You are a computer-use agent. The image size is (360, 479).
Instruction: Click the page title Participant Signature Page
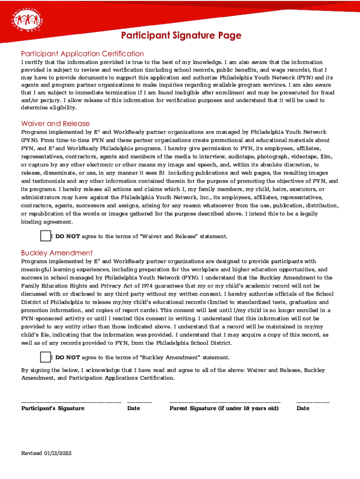pyautogui.click(x=181, y=36)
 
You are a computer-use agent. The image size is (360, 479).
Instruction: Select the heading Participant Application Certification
pyautogui.click(x=82, y=53)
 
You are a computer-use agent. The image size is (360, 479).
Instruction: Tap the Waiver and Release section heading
pyautogui.click(x=55, y=123)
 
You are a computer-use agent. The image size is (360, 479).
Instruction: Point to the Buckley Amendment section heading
pyautogui.click(x=57, y=253)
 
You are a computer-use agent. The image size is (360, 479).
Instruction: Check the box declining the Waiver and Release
pyautogui.click(x=45, y=236)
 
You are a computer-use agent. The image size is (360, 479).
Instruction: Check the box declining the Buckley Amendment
pyautogui.click(x=45, y=357)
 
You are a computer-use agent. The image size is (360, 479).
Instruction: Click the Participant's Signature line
pyautogui.click(x=71, y=401)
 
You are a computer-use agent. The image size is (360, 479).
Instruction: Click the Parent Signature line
pyautogui.click(x=224, y=401)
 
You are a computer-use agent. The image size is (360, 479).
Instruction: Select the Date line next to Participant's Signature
pyautogui.click(x=139, y=401)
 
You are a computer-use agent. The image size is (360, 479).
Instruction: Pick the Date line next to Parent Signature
pyautogui.click(x=313, y=401)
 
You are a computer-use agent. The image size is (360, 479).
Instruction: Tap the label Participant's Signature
pyautogui.click(x=53, y=408)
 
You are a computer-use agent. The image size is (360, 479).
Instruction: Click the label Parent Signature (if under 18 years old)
pyautogui.click(x=224, y=408)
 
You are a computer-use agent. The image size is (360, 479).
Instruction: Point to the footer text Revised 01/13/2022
pyautogui.click(x=46, y=453)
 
